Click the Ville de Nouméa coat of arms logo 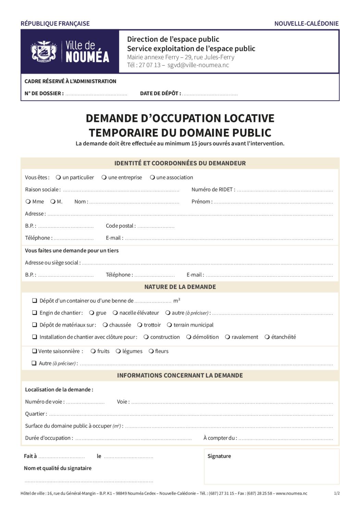click(x=44, y=51)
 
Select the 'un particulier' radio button click(x=58, y=177)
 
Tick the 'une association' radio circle click(x=152, y=177)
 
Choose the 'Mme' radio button click(x=28, y=202)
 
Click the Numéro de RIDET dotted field click(x=285, y=190)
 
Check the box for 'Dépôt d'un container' click(x=35, y=301)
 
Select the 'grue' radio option click(x=91, y=313)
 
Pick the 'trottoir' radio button click(x=140, y=325)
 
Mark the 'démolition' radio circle click(x=189, y=337)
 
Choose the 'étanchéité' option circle click(x=267, y=337)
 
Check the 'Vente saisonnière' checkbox click(x=34, y=351)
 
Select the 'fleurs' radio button click(x=151, y=351)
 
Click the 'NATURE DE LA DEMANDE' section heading click(x=180, y=287)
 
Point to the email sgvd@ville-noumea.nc click(x=198, y=65)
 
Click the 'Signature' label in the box click(x=219, y=456)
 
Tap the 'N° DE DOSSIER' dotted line click(x=96, y=94)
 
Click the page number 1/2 click(x=337, y=493)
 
